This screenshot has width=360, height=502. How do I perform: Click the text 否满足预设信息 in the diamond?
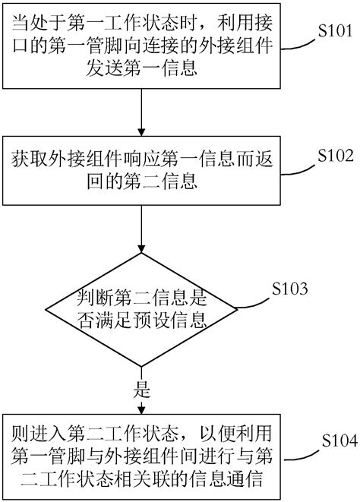coord(141,317)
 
